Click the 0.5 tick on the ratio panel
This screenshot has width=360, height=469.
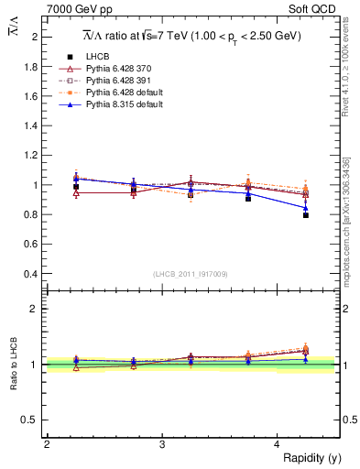point(30,420)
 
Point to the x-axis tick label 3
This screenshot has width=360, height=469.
point(162,444)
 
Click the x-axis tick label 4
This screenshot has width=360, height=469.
point(278,444)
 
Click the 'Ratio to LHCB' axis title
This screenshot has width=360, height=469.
point(12,365)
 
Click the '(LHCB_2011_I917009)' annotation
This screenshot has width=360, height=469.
point(191,274)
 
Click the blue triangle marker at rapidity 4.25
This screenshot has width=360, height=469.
point(306,207)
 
